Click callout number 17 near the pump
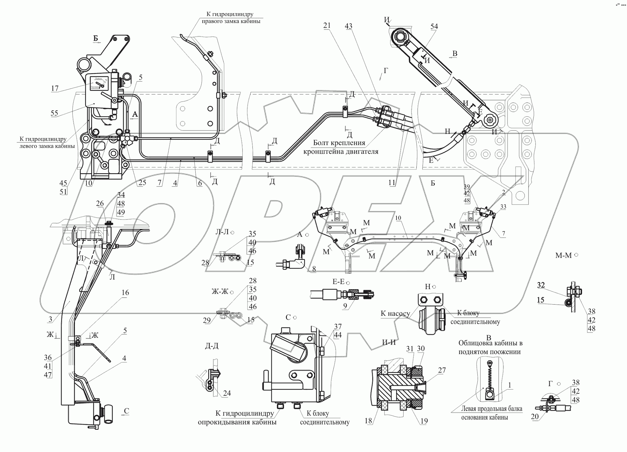55,88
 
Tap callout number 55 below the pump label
54,113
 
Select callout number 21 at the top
327,26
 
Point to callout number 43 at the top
348,26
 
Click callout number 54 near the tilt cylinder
434,26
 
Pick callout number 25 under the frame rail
142,183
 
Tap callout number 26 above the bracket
100,203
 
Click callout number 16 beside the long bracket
125,293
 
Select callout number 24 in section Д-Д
227,393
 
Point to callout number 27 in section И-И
442,370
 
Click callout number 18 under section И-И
368,421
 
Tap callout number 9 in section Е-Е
345,306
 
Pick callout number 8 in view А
314,269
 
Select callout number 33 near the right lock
503,207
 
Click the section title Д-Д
211,346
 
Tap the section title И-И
389,342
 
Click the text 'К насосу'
395,314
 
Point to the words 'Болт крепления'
339,143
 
